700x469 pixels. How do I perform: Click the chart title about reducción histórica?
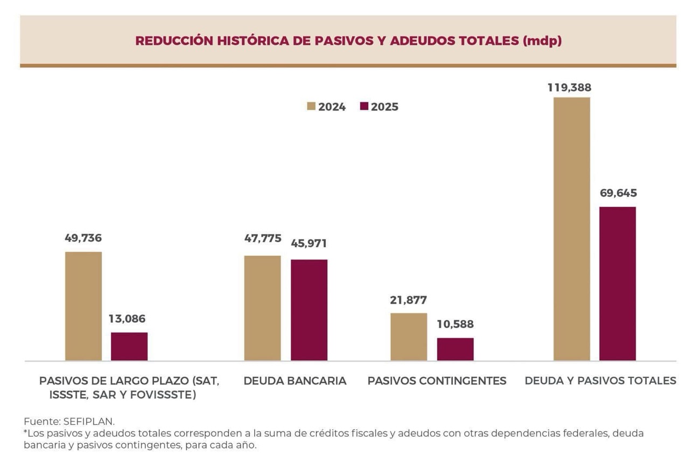click(348, 41)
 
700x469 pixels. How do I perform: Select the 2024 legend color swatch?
click(311, 107)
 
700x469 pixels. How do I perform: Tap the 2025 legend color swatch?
click(364, 107)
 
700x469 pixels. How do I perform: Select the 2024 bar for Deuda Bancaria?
click(262, 308)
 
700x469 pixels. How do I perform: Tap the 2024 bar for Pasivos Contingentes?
click(409, 337)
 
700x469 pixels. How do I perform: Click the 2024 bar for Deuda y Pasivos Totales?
click(571, 229)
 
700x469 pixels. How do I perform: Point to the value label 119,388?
click(570, 87)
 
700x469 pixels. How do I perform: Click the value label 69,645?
click(618, 193)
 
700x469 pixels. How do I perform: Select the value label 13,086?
click(127, 319)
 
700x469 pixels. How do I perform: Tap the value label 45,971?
click(309, 243)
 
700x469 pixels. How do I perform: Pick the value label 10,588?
click(455, 324)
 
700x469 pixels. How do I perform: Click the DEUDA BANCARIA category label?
click(295, 381)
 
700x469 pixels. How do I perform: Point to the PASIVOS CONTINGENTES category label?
click(437, 381)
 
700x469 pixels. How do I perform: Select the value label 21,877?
click(408, 300)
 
